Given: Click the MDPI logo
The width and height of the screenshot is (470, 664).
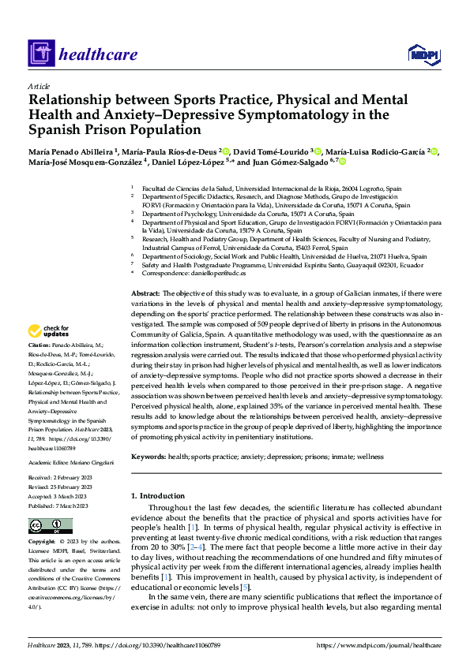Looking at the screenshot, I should click(x=423, y=54).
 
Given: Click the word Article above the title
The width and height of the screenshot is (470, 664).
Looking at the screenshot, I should click(x=39, y=85).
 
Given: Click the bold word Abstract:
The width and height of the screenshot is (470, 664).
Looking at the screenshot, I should click(x=145, y=293).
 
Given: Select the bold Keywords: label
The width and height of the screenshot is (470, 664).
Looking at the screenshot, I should click(x=149, y=457).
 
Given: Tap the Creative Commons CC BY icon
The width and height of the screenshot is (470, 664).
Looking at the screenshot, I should click(x=50, y=526).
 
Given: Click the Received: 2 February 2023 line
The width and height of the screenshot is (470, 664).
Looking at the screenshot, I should click(x=61, y=477).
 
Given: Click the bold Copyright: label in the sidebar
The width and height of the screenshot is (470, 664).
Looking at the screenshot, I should click(x=41, y=543).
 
